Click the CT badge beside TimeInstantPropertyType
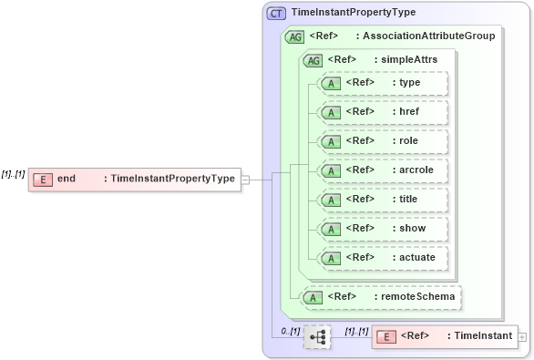tap(276, 14)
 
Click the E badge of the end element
tap(42, 180)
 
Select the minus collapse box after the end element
tap(244, 180)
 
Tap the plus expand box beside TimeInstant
tap(522, 337)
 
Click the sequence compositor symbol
tap(317, 337)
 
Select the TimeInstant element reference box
tap(444, 337)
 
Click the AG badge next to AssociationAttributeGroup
tap(294, 37)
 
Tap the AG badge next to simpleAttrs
tap(313, 60)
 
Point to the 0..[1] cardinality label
tap(290, 330)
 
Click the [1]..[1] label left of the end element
tap(13, 173)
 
